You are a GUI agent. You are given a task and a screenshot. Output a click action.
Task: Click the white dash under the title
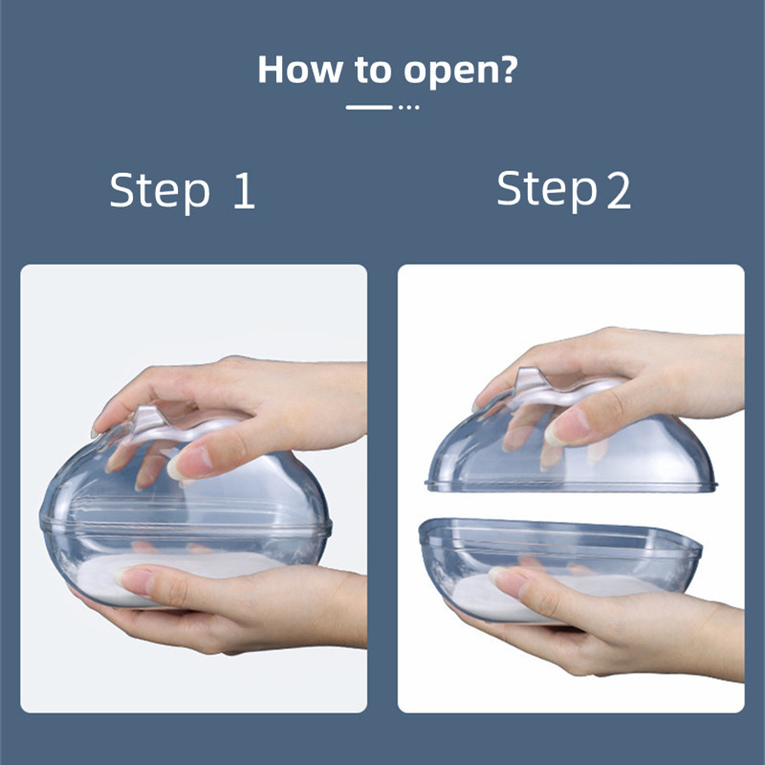369,107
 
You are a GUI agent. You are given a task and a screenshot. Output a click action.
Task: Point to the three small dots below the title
409,107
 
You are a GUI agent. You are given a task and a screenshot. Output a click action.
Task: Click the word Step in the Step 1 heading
160,191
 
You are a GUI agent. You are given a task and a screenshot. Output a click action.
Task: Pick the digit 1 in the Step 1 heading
244,191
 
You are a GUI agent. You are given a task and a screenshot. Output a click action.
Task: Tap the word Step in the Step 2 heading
546,189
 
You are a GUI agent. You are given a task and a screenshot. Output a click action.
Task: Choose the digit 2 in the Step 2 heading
618,191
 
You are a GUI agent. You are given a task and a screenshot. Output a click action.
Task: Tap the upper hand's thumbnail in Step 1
187,464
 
